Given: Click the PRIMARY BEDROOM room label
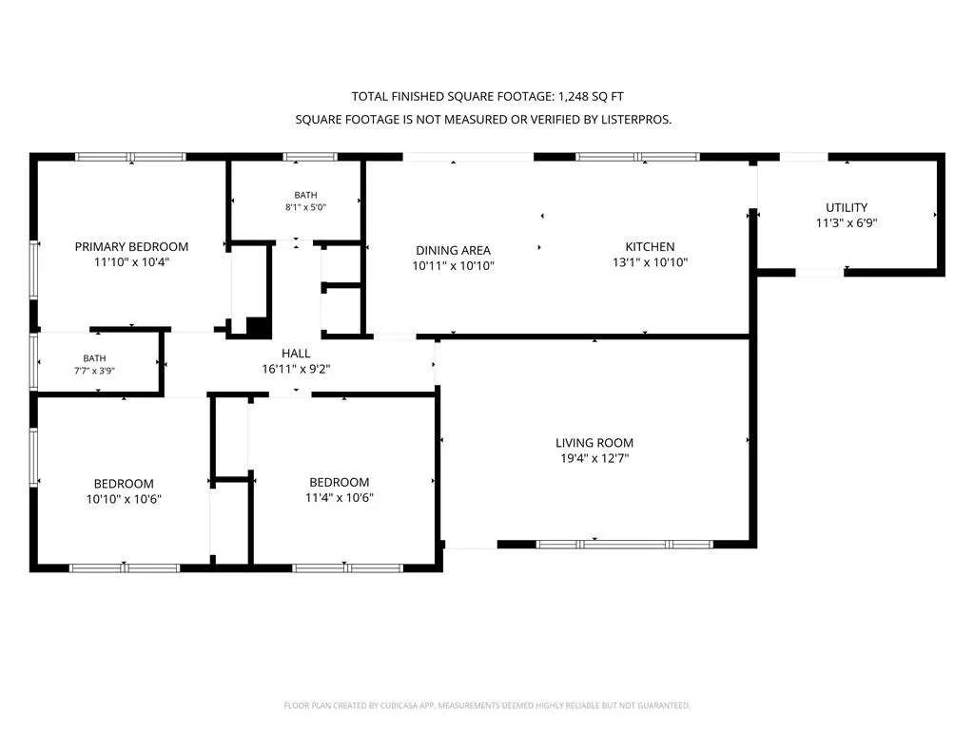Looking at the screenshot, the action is click(x=131, y=246).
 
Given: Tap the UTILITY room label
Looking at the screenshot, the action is click(x=846, y=207).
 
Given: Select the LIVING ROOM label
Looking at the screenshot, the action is click(x=594, y=443).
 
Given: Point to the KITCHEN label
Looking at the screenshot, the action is click(x=650, y=246).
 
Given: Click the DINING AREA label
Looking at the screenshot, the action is click(x=453, y=250).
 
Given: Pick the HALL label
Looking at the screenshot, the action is click(x=296, y=354).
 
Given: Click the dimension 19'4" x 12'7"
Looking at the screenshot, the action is click(x=594, y=458).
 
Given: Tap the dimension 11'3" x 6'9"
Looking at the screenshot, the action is click(x=846, y=222).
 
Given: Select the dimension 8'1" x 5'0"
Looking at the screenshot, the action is click(x=305, y=207).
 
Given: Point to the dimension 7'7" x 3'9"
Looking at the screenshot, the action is click(x=94, y=371).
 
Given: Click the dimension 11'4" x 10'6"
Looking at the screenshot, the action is click(x=340, y=497).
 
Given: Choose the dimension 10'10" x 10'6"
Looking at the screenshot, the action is click(x=124, y=499).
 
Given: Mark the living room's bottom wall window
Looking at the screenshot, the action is click(x=624, y=545).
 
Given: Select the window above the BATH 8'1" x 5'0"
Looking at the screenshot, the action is click(x=310, y=157).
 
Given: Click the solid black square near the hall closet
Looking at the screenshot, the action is click(x=257, y=327).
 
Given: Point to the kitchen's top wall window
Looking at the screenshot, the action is click(x=638, y=157).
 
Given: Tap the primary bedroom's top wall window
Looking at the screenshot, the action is click(x=130, y=157).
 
